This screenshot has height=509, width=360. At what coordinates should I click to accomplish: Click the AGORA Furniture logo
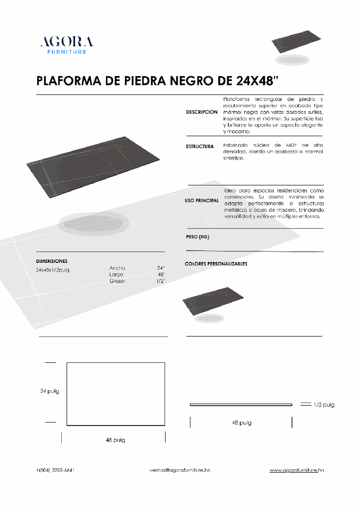[67, 45]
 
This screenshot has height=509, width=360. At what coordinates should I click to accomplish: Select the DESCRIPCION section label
[202, 112]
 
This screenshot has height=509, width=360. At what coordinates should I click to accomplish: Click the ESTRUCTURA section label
[200, 147]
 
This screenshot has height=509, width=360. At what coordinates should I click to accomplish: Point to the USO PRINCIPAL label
[202, 200]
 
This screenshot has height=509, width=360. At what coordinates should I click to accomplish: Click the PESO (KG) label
[197, 237]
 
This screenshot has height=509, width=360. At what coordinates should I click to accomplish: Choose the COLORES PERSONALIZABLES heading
[216, 264]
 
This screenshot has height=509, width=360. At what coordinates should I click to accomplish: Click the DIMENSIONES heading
[52, 261]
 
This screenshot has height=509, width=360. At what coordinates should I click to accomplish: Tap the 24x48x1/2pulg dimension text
[53, 270]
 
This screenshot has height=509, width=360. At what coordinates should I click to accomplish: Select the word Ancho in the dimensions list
[117, 268]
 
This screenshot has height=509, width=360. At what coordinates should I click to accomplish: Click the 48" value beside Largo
[161, 274]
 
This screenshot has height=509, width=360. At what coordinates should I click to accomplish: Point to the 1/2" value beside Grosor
[160, 281]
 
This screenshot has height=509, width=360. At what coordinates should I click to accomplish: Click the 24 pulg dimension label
[50, 391]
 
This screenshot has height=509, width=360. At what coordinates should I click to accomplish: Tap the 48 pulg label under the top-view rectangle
[115, 440]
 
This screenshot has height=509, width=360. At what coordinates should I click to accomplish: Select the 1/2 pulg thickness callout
[324, 405]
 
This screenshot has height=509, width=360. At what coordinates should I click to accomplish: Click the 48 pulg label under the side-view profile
[242, 423]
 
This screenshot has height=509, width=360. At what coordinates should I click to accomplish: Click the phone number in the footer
[56, 470]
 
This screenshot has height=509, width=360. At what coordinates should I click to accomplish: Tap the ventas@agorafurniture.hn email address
[180, 470]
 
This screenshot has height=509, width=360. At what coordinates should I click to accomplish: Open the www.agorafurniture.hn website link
[297, 470]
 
